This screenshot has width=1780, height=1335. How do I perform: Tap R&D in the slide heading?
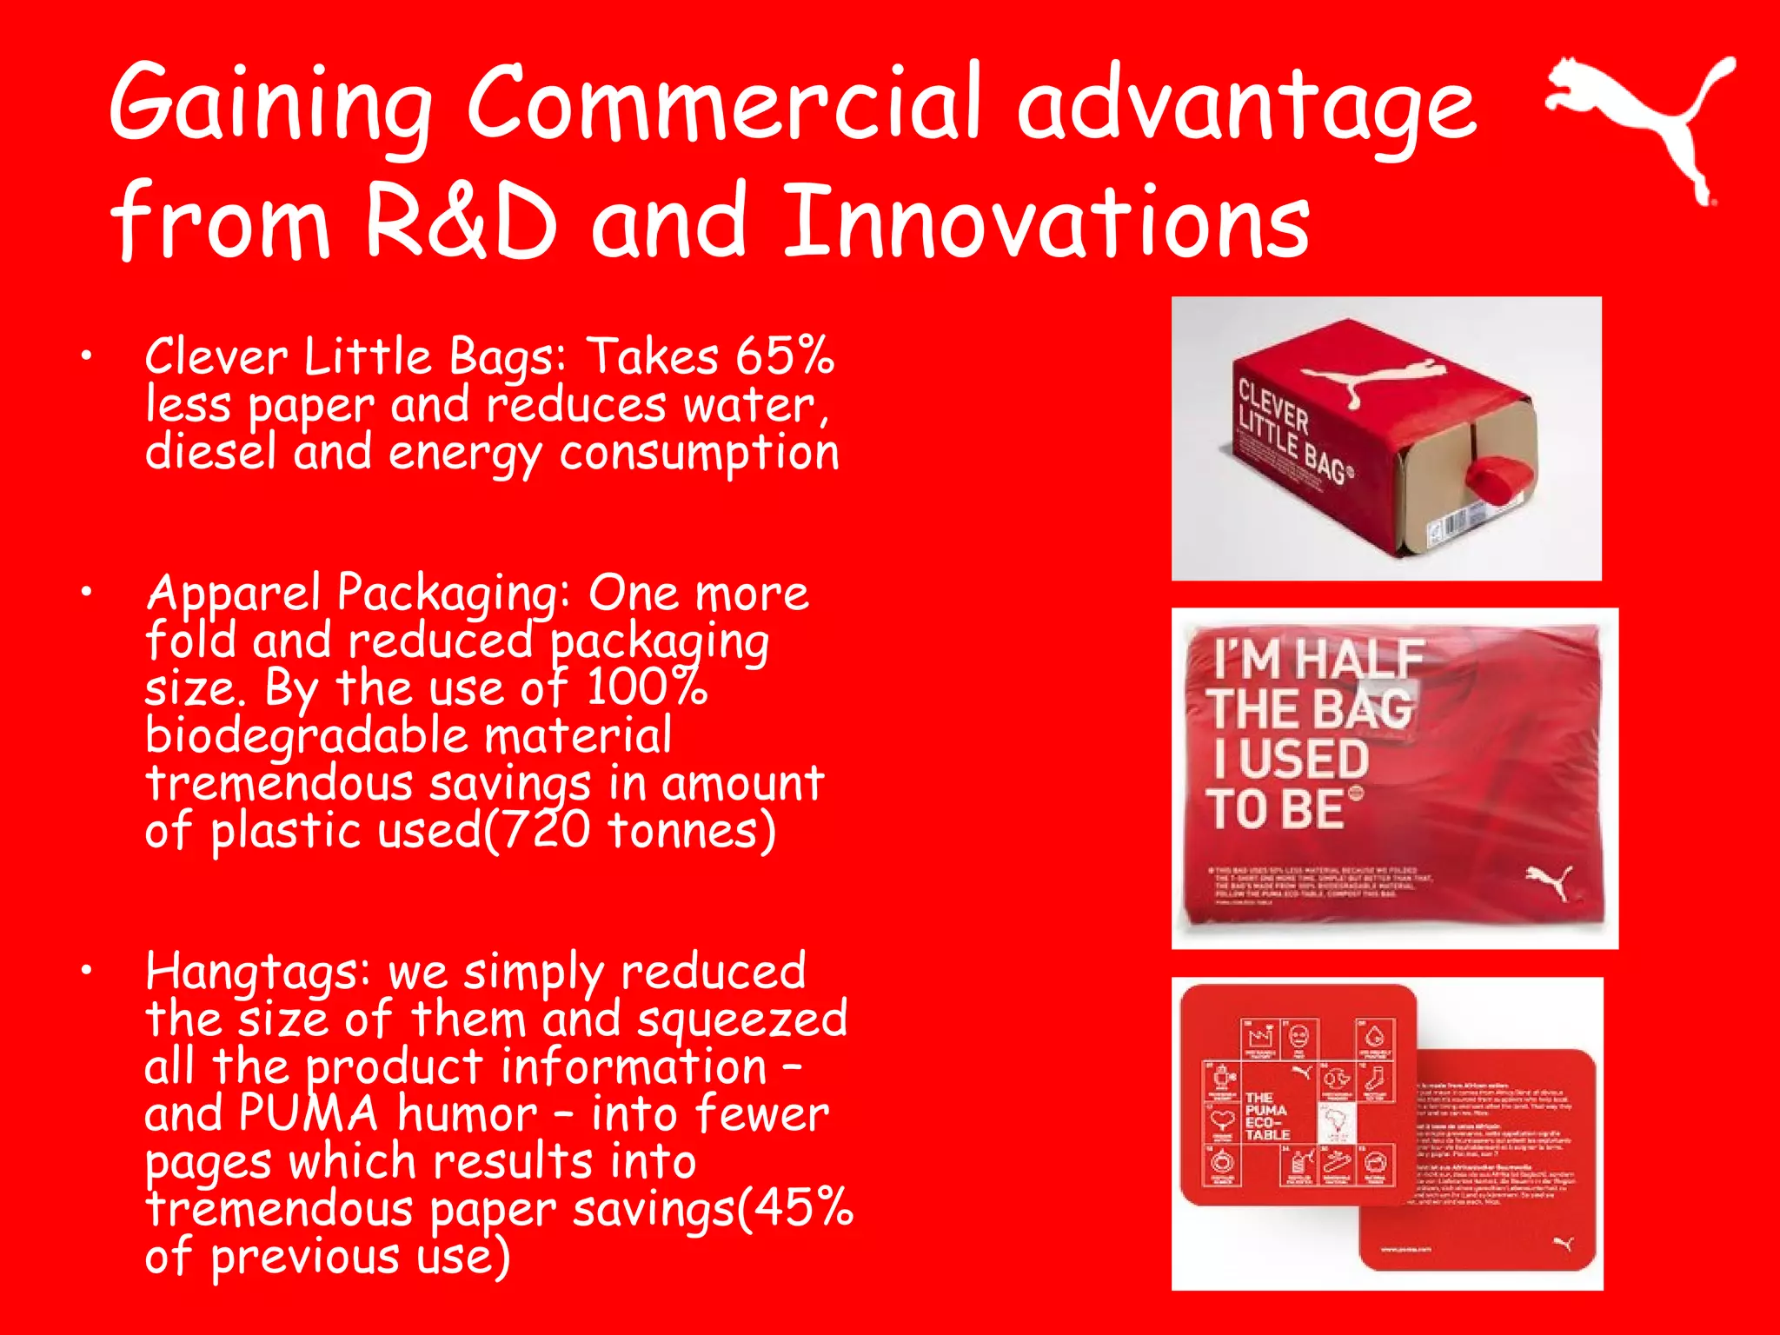460,222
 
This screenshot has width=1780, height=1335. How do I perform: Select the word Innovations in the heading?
1046,222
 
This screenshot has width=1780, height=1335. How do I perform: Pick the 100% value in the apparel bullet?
647,687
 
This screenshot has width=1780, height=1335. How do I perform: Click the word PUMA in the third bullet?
309,1114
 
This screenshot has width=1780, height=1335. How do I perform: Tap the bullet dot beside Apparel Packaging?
86,592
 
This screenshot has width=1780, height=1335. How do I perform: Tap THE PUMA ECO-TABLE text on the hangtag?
1267,1116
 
